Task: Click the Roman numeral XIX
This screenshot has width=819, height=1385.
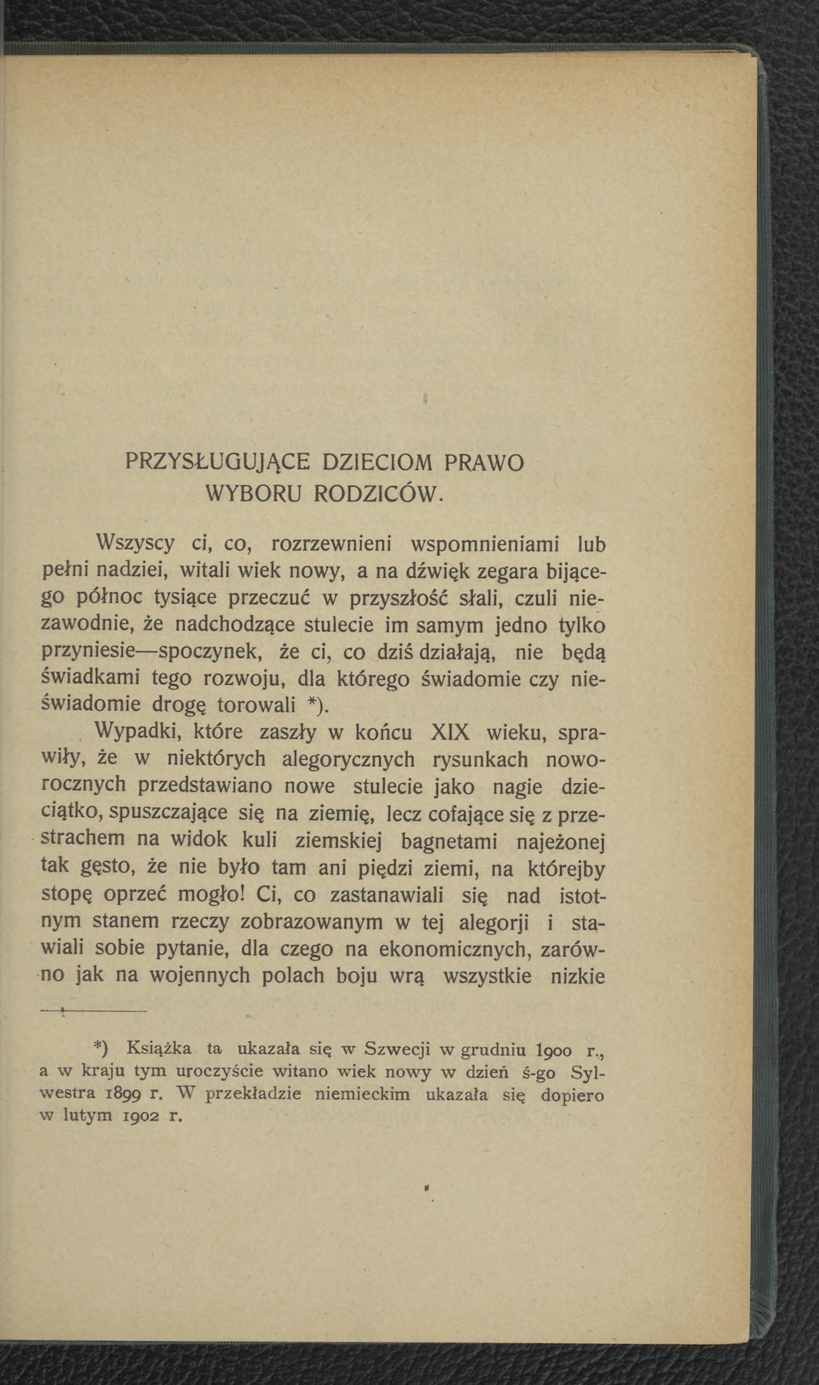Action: (x=450, y=734)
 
